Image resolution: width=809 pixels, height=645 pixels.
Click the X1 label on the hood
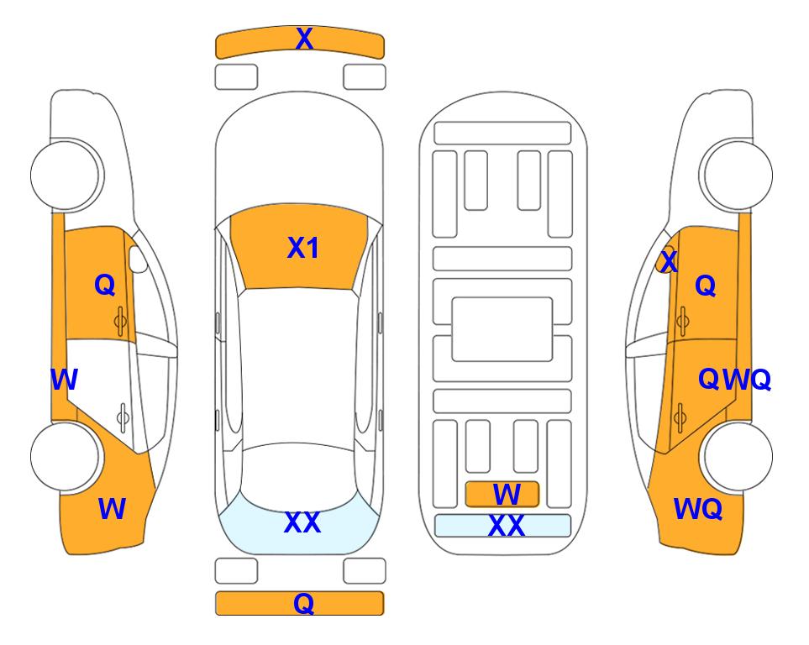point(303,248)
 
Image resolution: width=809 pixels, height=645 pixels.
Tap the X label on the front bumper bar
point(304,39)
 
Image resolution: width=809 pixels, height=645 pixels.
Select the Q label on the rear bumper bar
point(304,603)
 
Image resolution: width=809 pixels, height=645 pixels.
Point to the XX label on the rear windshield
point(302,522)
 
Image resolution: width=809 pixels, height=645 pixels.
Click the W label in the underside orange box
point(507,495)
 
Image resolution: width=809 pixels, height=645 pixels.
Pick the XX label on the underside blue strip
point(506,526)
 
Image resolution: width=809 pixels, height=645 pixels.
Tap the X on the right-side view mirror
point(669,261)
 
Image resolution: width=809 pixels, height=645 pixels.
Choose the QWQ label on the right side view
point(734,380)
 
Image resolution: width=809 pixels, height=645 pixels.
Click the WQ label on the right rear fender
point(697,509)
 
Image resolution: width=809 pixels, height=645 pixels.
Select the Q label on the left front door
point(105,285)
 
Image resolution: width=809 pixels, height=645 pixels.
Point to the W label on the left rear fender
point(112,509)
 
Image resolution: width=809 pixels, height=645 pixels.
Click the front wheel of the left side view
point(66,175)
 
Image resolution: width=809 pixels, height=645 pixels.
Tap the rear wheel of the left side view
point(66,456)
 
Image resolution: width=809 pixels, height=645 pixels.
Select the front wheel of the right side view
point(736,175)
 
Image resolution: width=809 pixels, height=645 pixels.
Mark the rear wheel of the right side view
point(736,456)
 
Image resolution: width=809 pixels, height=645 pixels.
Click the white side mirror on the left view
point(138,259)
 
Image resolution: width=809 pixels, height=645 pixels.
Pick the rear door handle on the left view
point(123,418)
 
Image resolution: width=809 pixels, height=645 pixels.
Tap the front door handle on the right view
point(683,321)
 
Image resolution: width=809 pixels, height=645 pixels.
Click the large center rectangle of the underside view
point(502,329)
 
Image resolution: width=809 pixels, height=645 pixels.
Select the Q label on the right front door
point(706,286)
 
